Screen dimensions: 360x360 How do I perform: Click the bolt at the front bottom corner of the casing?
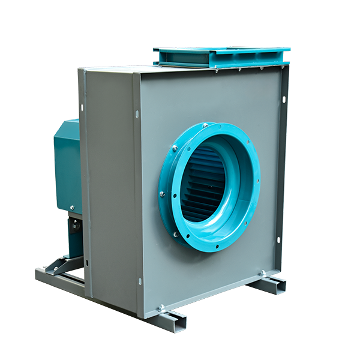pos(161,308)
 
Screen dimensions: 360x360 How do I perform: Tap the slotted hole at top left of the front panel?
pos(137,113)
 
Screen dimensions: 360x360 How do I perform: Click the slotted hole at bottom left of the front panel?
pos(140,281)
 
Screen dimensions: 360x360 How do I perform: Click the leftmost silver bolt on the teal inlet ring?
pos(161,193)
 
